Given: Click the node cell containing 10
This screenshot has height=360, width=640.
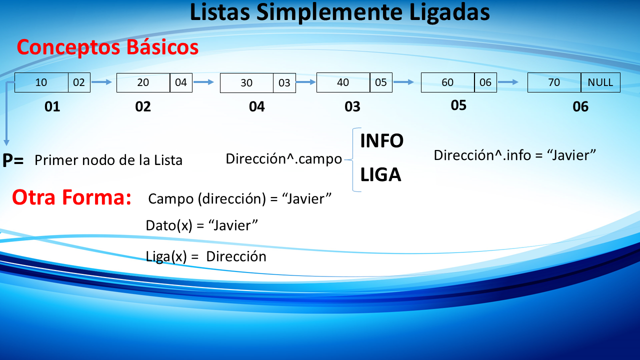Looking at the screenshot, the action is [41, 82].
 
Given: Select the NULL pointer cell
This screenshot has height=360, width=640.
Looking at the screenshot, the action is [600, 82].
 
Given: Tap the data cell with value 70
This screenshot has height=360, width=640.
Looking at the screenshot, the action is [554, 82].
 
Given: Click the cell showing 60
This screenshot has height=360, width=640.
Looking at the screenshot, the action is [447, 82].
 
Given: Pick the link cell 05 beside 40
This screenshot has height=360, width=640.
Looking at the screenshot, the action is [381, 82].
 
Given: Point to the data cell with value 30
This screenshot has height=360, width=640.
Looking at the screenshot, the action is [246, 83].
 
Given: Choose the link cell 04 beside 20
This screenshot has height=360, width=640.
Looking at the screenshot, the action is [181, 82].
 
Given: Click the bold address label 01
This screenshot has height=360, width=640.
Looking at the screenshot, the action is [52, 106].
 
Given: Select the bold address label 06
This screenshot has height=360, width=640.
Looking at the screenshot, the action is [580, 106].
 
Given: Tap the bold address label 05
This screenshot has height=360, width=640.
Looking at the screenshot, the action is [458, 105].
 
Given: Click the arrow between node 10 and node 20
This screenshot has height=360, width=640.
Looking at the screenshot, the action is [101, 82].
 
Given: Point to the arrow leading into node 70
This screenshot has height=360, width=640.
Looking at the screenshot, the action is [508, 82].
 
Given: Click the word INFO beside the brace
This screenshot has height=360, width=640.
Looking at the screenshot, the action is [381, 141].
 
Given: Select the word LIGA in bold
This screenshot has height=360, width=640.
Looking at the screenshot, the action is [380, 174].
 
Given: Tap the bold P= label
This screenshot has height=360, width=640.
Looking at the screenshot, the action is [13, 160].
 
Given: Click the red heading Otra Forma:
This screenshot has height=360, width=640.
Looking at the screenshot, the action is [71, 197].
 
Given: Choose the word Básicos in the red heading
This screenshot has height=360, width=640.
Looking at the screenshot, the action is [162, 47].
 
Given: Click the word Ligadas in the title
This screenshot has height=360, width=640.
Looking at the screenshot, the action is [449, 12].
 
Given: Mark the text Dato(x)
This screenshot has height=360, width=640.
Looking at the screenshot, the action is [169, 225].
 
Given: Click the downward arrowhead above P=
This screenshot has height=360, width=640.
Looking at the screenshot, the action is [6, 142].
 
